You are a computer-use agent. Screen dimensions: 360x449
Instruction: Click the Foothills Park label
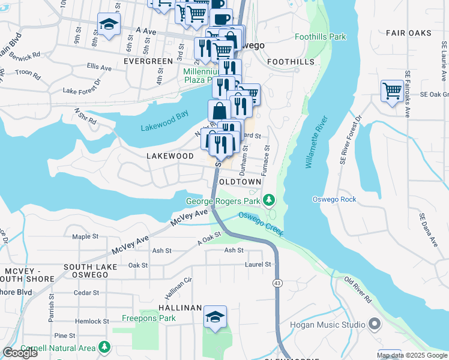(320, 37)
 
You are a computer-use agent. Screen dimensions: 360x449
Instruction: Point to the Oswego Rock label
(334, 199)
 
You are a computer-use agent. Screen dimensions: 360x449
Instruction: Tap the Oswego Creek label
(259, 224)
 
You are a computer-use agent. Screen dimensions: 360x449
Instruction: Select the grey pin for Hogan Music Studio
(375, 325)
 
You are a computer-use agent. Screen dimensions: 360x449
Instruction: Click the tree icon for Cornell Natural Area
(105, 347)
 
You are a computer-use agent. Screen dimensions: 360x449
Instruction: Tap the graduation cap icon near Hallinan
(215, 317)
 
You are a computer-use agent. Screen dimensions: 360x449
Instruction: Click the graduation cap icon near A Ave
(109, 24)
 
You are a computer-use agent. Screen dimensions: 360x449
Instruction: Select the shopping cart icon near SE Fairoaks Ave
(392, 91)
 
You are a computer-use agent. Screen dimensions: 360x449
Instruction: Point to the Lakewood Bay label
(164, 127)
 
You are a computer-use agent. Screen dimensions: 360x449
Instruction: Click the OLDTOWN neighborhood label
(240, 181)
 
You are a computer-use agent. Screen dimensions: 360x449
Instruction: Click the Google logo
(20, 353)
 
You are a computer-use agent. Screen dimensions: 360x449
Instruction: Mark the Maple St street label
(85, 236)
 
